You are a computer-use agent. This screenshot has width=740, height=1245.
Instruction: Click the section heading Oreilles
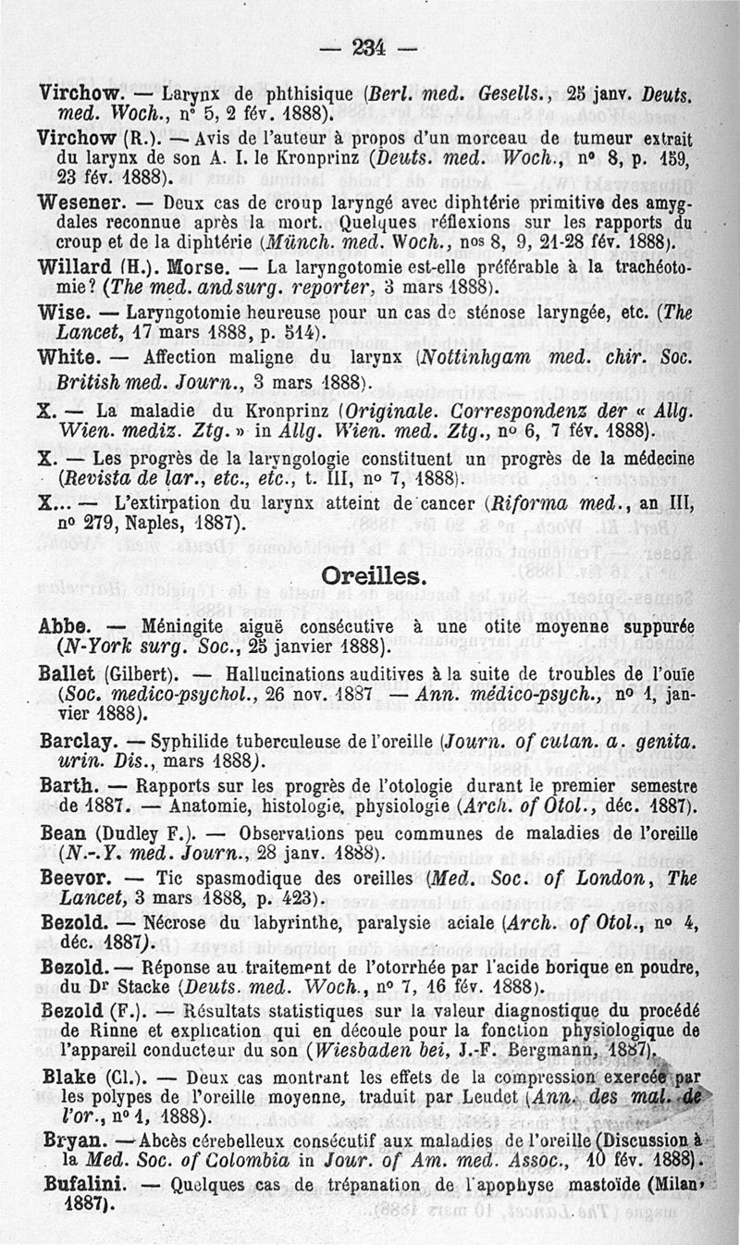373,575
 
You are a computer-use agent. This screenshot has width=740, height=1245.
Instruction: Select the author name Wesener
76,201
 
